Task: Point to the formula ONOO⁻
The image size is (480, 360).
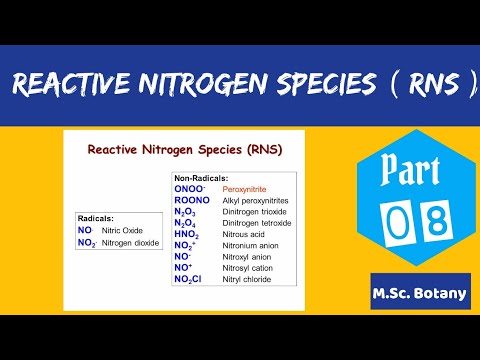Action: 190,188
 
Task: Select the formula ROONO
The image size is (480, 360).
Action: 192,201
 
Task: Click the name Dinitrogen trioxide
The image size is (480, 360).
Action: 258,212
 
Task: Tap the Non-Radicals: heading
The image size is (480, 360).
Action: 199,177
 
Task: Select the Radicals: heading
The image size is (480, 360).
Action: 96,217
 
